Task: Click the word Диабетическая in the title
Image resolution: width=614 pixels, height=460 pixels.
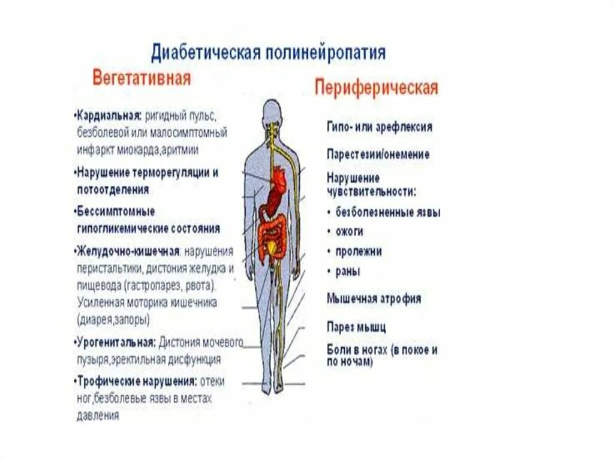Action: click(204, 53)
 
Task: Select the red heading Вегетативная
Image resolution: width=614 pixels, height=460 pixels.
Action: click(141, 79)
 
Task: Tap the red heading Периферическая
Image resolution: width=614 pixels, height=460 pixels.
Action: click(376, 88)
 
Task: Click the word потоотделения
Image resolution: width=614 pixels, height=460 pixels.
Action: click(113, 190)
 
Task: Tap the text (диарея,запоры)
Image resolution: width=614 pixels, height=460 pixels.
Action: click(113, 319)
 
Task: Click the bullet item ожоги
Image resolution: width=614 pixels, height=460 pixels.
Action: click(349, 231)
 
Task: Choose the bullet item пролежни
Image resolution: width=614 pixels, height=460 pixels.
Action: click(359, 251)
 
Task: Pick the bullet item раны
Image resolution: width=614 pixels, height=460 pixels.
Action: click(348, 271)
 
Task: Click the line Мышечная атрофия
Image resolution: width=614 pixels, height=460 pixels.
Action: click(374, 298)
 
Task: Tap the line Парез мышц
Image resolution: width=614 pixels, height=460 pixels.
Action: click(356, 327)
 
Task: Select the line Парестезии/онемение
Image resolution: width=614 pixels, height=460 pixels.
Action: click(378, 154)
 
